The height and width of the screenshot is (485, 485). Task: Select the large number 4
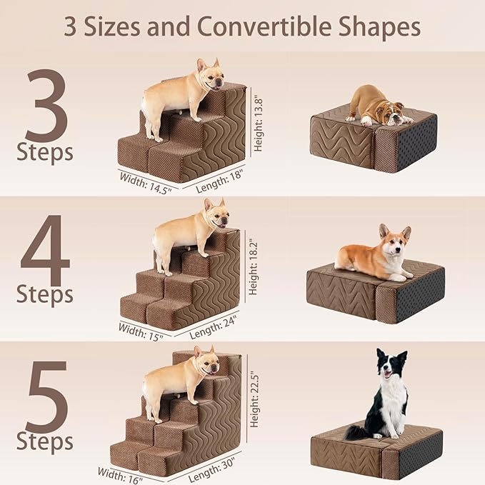pos(46,254)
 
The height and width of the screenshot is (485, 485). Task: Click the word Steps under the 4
pos(45,294)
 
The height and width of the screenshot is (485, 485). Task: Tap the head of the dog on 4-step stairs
pos(216,214)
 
